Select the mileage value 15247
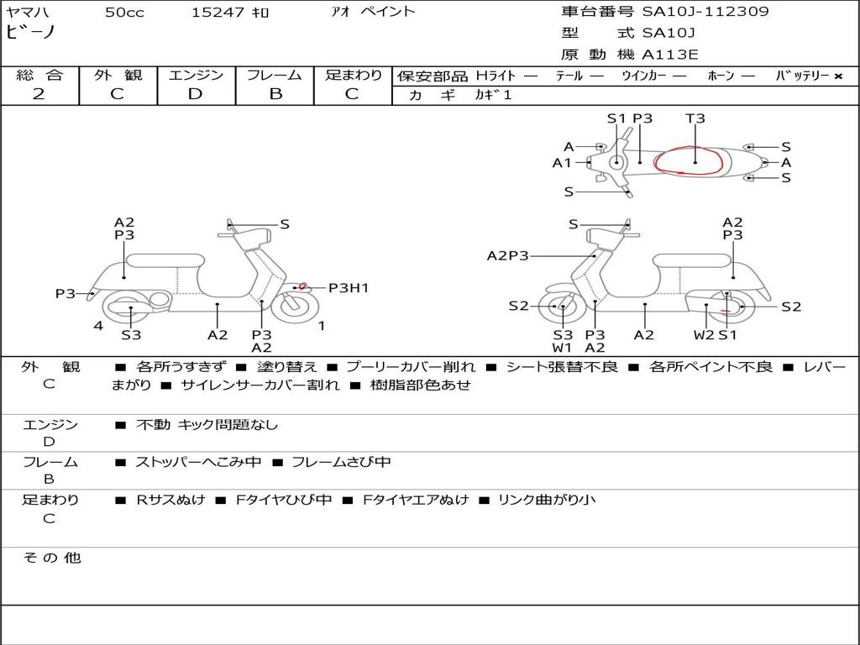click(217, 13)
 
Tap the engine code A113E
click(669, 55)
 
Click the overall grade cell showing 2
click(39, 94)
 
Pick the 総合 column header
click(39, 75)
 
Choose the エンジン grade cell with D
click(196, 94)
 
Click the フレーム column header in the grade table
click(275, 75)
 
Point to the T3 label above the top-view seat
click(695, 118)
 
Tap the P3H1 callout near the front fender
click(349, 288)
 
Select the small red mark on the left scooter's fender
click(302, 287)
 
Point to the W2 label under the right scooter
click(704, 335)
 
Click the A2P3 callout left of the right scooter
click(507, 256)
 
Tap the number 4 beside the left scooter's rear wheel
click(98, 326)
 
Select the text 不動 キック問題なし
click(207, 425)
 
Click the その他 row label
click(51, 558)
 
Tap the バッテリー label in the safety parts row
click(803, 76)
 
